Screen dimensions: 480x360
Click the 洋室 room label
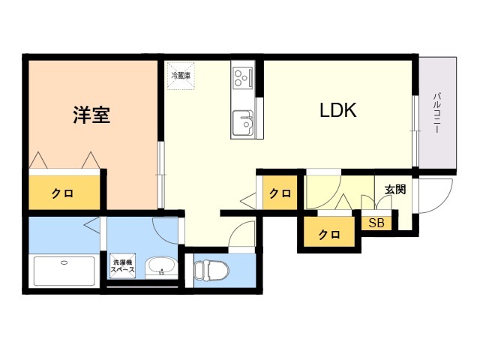coord(91,115)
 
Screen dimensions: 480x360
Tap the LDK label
coord(338,110)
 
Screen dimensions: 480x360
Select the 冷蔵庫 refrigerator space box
coord(181,76)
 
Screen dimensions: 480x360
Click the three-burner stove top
coord(243,78)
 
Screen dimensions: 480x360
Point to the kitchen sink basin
coord(243,123)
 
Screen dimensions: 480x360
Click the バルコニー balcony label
coord(436,112)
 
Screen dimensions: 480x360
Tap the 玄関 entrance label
coord(395,190)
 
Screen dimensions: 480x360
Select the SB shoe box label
coord(376,223)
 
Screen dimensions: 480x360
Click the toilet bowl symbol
coord(211,270)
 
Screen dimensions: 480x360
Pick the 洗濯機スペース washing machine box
coord(122,266)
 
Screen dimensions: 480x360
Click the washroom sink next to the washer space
coord(161,268)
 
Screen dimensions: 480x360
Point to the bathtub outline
coord(64,271)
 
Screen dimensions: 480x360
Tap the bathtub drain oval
coord(64,262)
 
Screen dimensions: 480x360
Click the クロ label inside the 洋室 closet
coord(62,193)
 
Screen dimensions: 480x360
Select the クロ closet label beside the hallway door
coord(280,193)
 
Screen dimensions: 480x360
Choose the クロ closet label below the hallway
coord(329,235)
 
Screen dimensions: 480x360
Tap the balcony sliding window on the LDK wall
coord(415,131)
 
